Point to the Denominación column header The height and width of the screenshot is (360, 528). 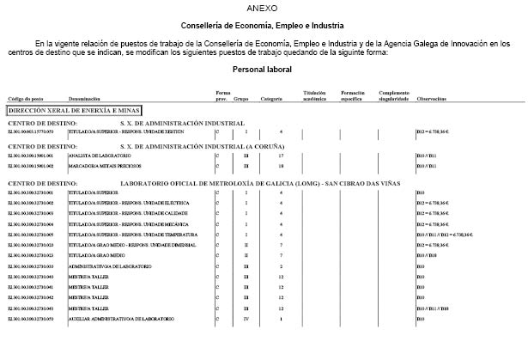(84, 100)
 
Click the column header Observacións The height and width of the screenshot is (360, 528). (431, 100)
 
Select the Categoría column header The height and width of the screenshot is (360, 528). (272, 100)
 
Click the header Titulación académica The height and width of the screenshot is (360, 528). (314, 96)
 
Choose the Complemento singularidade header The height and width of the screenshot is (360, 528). (394, 96)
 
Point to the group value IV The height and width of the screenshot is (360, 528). (246, 319)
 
